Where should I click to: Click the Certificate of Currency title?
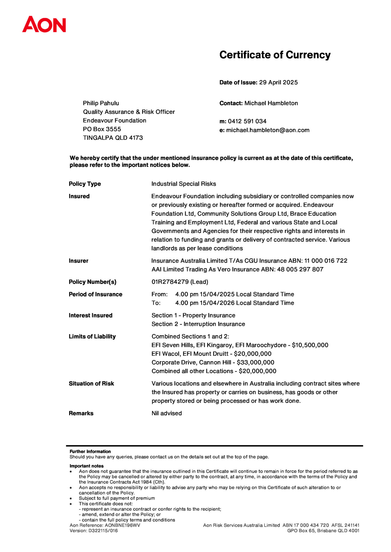[x=275, y=55]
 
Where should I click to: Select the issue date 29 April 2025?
[x=278, y=82]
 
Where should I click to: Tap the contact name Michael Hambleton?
[x=271, y=103]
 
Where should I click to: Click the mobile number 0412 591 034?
[x=247, y=121]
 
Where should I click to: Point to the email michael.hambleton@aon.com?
[x=268, y=130]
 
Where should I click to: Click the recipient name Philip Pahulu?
[x=101, y=103]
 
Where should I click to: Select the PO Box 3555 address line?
[x=102, y=129]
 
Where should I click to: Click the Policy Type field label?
[x=85, y=184]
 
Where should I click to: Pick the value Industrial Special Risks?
[x=183, y=184]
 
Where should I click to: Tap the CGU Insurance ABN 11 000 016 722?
[x=325, y=261]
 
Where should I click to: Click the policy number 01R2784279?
[x=170, y=282]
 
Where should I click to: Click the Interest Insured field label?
[x=90, y=315]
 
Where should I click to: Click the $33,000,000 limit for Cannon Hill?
[x=255, y=362]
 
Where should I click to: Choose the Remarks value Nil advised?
[x=166, y=413]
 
